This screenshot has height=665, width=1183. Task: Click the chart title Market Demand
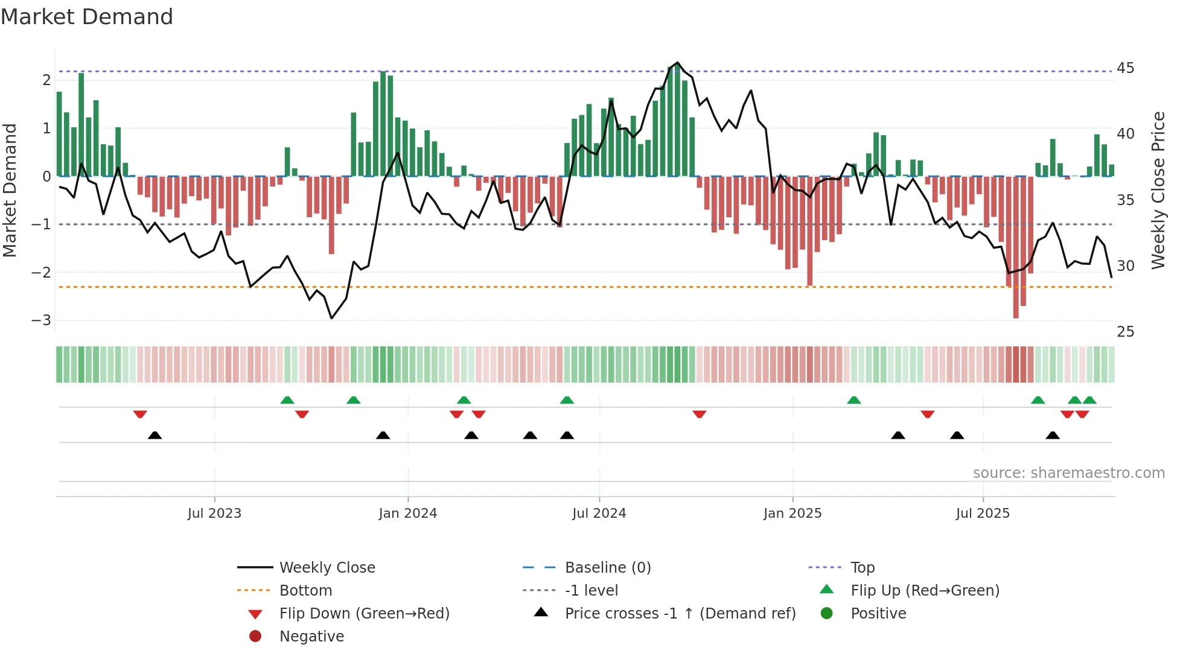tap(87, 16)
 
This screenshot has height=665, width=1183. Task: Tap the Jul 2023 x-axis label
tap(214, 514)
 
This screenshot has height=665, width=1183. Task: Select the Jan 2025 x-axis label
tap(792, 514)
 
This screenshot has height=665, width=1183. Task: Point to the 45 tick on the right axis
tap(1125, 68)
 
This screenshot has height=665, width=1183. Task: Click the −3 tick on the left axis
tap(41, 320)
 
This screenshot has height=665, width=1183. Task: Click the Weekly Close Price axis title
tap(1158, 190)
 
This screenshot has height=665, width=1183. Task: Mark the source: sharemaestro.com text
tap(1068, 472)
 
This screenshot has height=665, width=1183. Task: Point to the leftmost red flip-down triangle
tap(140, 414)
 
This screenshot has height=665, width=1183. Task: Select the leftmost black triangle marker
tap(155, 435)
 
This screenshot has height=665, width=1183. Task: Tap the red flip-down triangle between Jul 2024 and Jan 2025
tap(700, 414)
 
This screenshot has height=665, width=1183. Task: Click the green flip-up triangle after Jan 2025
tap(853, 400)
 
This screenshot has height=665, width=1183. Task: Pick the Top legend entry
tap(862, 567)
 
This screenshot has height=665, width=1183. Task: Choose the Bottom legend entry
tap(305, 590)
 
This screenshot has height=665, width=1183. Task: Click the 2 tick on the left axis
tap(46, 80)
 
